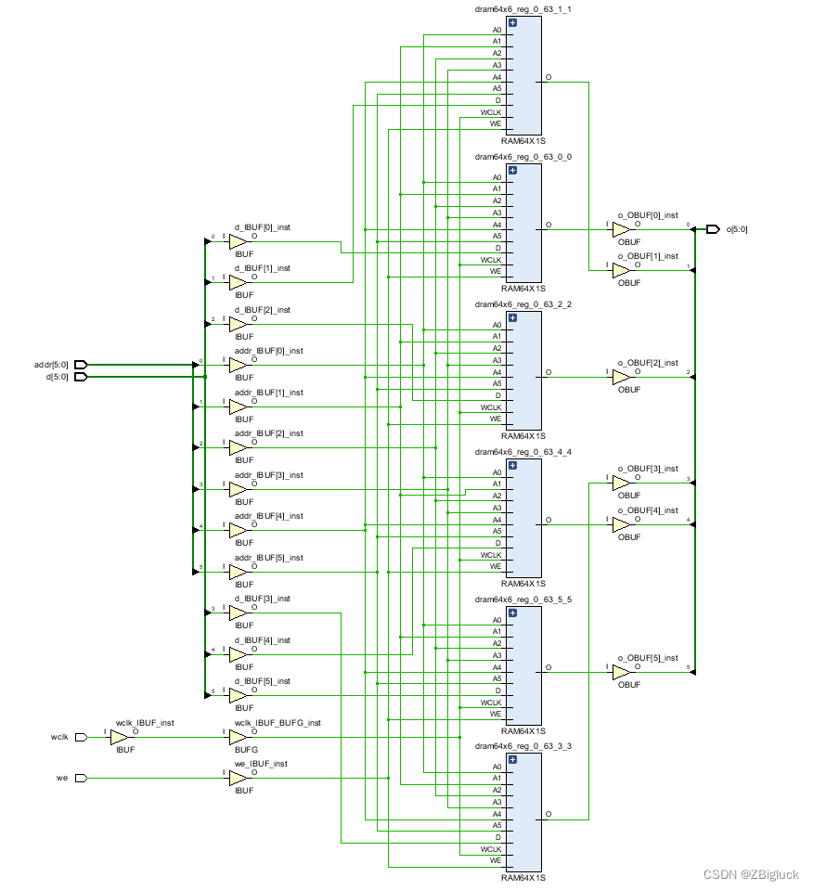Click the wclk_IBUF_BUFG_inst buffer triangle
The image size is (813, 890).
click(x=238, y=737)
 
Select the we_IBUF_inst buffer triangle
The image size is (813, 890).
click(x=238, y=779)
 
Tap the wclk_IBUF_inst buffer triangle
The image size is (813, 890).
click(x=120, y=737)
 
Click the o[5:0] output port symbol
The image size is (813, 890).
click(x=713, y=229)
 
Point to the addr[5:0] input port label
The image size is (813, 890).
click(x=52, y=365)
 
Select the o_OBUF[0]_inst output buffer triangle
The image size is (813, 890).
click(x=621, y=229)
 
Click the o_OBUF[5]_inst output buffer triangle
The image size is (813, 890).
click(x=621, y=672)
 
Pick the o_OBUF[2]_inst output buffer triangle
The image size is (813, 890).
click(x=621, y=377)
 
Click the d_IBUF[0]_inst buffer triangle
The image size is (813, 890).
click(x=238, y=241)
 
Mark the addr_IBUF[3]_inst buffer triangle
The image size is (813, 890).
click(x=238, y=489)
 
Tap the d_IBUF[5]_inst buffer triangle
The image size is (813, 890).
click(x=238, y=695)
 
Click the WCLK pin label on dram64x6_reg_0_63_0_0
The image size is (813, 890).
click(x=491, y=260)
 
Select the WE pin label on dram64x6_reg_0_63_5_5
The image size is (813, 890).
click(x=496, y=714)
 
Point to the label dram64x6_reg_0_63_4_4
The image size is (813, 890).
click(x=523, y=452)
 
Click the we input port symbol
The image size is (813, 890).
click(x=81, y=779)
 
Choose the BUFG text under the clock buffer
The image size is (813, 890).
click(x=245, y=750)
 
